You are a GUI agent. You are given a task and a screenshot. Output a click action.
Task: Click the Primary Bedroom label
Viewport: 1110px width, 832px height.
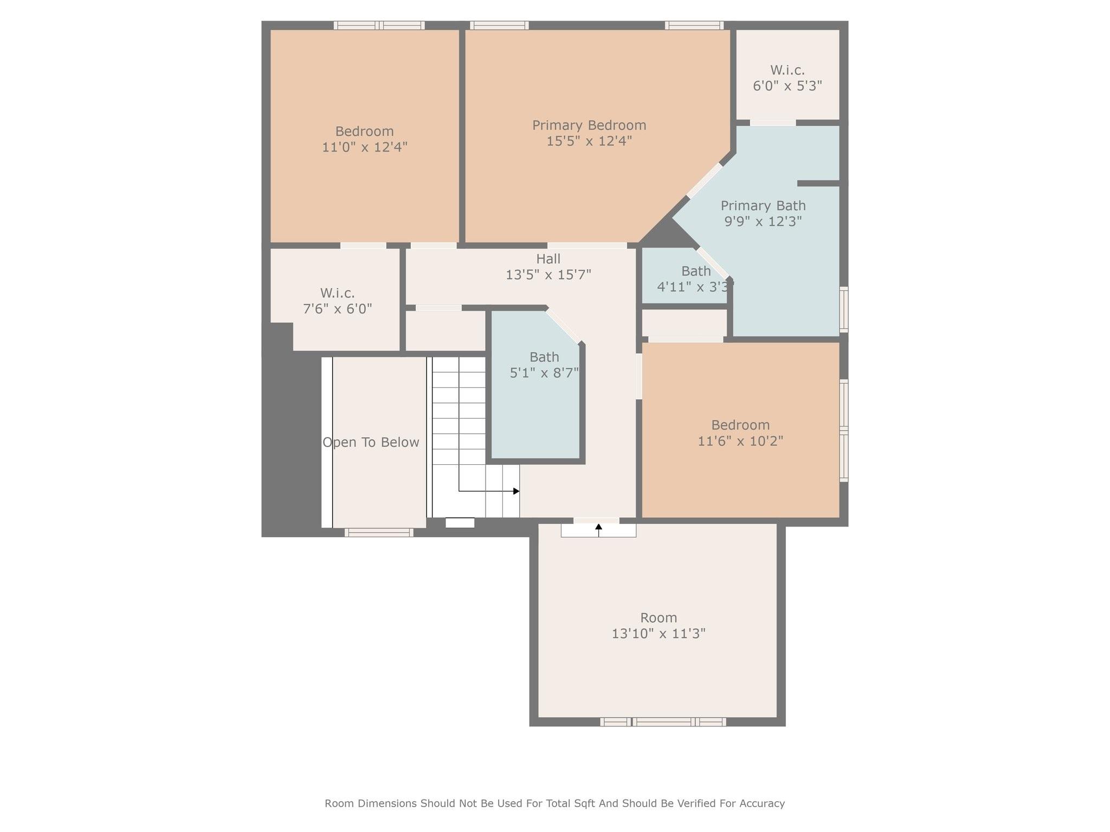click(589, 125)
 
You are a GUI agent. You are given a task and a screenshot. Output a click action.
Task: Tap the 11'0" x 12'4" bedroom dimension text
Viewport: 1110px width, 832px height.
click(364, 147)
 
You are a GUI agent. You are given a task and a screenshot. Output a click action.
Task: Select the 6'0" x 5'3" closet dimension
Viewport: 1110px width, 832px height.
click(787, 86)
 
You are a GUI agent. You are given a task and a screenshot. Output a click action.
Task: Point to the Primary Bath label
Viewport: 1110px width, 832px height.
click(763, 206)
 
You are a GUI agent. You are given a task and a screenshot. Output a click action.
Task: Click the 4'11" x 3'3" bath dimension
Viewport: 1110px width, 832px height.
click(695, 286)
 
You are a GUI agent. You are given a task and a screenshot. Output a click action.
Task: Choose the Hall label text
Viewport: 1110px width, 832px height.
click(548, 259)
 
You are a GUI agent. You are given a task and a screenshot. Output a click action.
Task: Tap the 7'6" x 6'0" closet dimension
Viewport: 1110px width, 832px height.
click(337, 309)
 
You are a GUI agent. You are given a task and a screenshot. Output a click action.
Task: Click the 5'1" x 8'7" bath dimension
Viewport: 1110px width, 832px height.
click(544, 373)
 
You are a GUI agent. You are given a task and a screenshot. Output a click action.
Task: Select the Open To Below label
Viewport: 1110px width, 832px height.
click(371, 443)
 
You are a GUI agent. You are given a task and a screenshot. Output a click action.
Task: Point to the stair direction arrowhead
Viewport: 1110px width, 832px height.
click(516, 491)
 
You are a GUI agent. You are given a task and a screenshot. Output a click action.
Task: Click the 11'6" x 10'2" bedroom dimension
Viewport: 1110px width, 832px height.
click(740, 441)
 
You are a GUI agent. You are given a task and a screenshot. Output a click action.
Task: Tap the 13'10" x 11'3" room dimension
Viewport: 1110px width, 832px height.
click(658, 633)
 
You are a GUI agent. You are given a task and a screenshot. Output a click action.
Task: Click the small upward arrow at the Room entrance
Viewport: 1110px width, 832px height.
click(598, 526)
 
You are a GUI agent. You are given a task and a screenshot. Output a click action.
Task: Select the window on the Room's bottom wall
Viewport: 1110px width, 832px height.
click(663, 721)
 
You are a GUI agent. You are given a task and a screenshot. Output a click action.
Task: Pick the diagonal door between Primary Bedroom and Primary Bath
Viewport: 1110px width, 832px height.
click(705, 180)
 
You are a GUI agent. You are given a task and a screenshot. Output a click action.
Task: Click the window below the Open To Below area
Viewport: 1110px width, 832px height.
click(378, 532)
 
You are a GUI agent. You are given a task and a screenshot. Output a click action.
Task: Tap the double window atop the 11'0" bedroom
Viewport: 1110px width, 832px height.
click(379, 25)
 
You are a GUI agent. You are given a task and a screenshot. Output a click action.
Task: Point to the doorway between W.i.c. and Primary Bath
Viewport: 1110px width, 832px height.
click(772, 123)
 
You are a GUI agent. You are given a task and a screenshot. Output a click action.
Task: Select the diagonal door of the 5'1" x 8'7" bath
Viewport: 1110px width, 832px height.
click(563, 326)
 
